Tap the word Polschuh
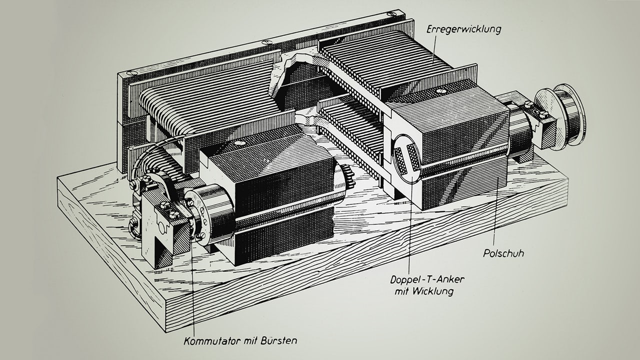[503, 253]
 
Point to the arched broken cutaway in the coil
[290, 75]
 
